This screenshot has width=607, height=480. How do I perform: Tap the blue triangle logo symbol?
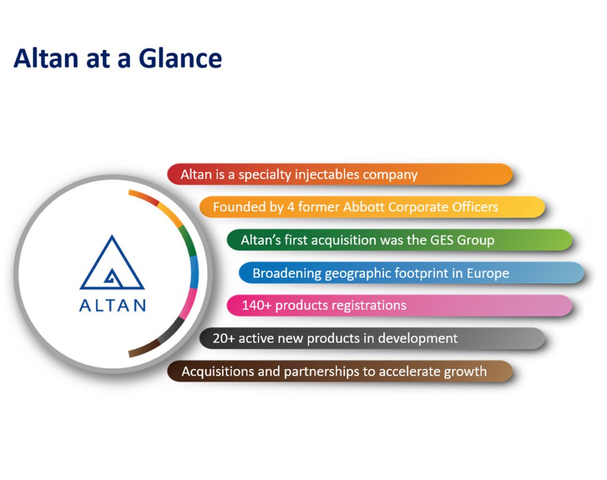112,264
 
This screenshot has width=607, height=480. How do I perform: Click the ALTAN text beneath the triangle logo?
112,306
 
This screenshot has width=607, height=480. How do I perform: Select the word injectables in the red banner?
328,175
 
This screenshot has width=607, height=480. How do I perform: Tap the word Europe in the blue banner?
487,273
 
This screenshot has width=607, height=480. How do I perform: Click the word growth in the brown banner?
464,372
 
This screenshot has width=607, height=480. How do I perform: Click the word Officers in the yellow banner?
475,207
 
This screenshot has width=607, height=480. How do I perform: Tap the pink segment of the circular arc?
191,300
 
